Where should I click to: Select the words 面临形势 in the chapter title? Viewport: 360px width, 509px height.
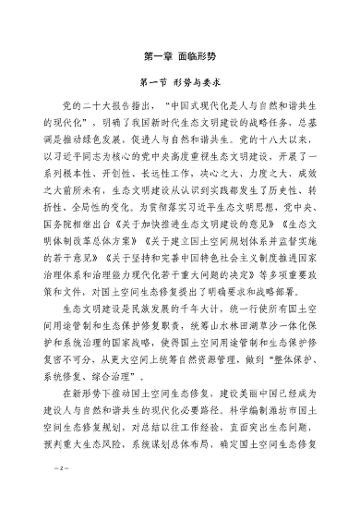click(x=198, y=55)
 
